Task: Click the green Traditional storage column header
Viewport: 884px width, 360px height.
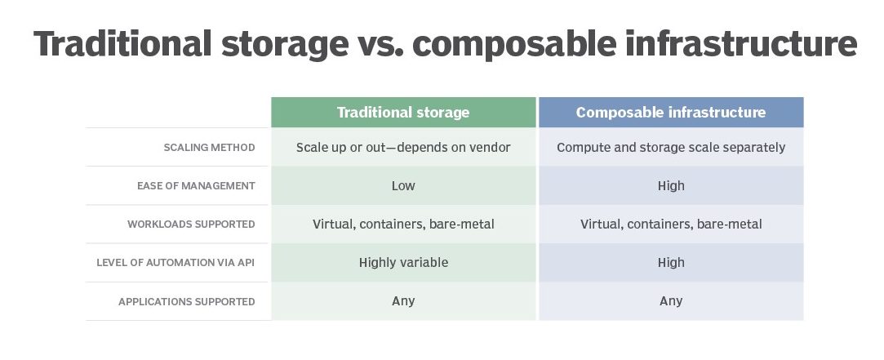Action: click(x=403, y=113)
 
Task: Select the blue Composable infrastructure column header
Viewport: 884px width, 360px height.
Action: click(x=671, y=113)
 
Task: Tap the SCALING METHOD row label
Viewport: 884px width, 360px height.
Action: click(x=209, y=147)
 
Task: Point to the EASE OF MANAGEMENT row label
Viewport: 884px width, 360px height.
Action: click(x=196, y=185)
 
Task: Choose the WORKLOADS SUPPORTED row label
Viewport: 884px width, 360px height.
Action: click(x=191, y=224)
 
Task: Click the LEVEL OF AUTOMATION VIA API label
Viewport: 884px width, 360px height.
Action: click(x=175, y=262)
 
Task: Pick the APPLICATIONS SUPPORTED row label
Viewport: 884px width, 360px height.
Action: click(x=187, y=301)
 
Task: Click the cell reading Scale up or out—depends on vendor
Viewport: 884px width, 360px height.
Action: click(x=403, y=147)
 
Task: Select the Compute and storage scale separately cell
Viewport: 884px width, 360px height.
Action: click(x=671, y=147)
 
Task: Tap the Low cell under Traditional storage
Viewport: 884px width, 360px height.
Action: click(x=403, y=185)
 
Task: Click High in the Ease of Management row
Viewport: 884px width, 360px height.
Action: click(x=671, y=185)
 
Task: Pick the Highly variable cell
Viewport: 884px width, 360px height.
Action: click(x=403, y=262)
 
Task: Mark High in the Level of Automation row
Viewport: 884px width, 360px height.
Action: click(x=671, y=262)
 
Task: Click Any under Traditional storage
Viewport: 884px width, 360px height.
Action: click(x=403, y=300)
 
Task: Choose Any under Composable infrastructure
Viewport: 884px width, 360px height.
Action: click(x=671, y=300)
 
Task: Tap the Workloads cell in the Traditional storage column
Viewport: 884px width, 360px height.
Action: click(x=403, y=224)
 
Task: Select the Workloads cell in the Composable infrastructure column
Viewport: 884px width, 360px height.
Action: click(x=671, y=224)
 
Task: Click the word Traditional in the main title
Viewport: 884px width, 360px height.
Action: click(x=122, y=44)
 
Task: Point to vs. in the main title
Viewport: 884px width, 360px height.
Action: click(x=380, y=44)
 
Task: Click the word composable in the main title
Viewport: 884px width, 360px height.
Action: click(x=513, y=44)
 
